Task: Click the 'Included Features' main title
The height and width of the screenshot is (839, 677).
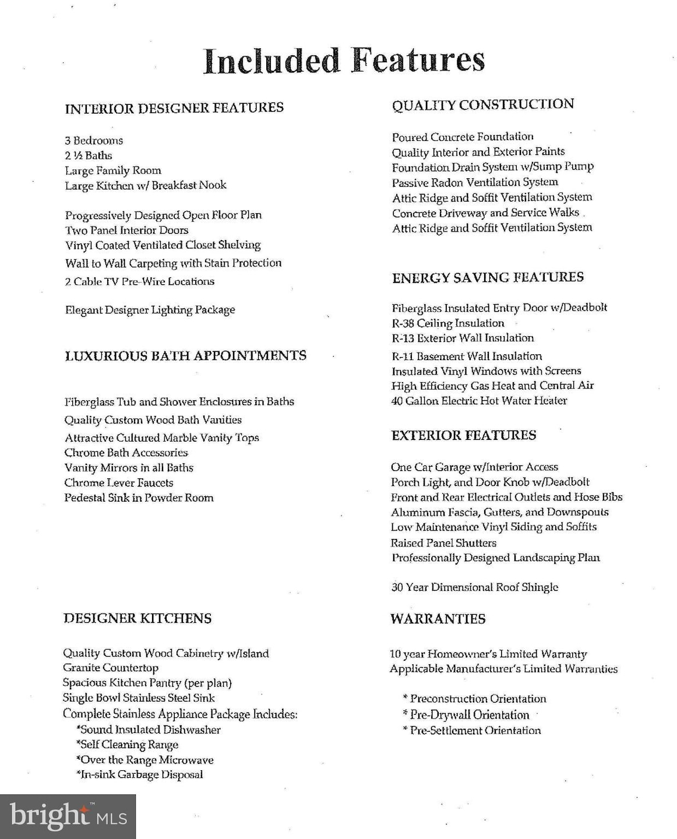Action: click(x=344, y=61)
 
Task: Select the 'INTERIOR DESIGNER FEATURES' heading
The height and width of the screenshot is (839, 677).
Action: click(x=174, y=108)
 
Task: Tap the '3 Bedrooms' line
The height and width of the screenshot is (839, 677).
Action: click(x=94, y=140)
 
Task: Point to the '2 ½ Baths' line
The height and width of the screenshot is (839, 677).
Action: click(x=89, y=156)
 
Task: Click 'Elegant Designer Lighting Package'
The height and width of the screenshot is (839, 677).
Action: click(x=150, y=310)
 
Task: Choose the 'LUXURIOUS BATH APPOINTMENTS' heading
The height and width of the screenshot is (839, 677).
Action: click(x=185, y=356)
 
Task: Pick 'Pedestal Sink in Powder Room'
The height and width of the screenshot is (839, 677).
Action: click(x=139, y=498)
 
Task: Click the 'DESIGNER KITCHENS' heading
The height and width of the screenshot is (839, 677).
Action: click(x=137, y=619)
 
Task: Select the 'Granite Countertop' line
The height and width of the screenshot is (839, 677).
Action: click(x=111, y=668)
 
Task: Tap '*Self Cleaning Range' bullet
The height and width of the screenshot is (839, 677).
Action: click(x=127, y=745)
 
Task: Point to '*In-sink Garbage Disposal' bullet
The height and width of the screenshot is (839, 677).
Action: click(x=139, y=775)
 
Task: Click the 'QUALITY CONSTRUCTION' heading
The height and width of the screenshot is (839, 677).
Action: click(x=483, y=105)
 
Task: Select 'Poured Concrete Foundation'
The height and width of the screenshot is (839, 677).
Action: click(x=463, y=138)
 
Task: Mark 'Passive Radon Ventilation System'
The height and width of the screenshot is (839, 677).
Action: click(x=475, y=182)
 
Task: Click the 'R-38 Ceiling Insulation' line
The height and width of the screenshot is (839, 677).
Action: click(x=448, y=323)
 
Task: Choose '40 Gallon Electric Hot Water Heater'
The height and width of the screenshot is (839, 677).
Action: click(x=479, y=401)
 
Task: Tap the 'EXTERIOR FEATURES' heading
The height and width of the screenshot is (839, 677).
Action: click(x=464, y=436)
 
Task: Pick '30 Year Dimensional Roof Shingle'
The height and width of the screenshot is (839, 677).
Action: click(x=474, y=587)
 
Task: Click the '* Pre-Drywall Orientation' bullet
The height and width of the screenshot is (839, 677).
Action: click(x=466, y=715)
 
